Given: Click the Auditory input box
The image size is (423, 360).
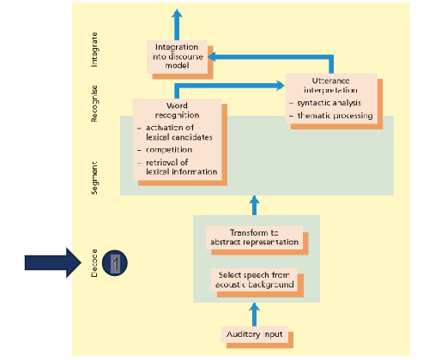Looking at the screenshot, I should (x=255, y=333).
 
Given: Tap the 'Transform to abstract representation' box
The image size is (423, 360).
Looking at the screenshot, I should (x=254, y=237).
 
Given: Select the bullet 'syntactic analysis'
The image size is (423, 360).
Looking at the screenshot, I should (x=331, y=103).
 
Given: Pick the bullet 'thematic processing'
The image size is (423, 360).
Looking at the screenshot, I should (x=333, y=116).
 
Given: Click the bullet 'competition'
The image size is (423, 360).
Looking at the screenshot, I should (x=167, y=148).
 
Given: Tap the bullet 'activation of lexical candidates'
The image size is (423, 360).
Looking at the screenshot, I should (x=176, y=132).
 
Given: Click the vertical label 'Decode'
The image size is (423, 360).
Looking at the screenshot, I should (x=95, y=262).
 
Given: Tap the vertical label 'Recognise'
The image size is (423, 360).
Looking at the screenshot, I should (x=95, y=103).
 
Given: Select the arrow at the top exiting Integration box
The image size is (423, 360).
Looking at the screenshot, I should (x=177, y=21).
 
